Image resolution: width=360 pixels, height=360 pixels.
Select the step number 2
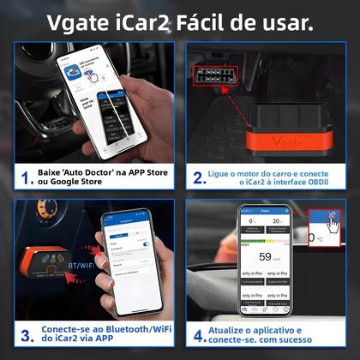point(199,177)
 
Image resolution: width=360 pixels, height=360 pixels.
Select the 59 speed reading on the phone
point(267,255)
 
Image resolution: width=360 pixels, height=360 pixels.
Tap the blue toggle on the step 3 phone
point(147,245)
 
